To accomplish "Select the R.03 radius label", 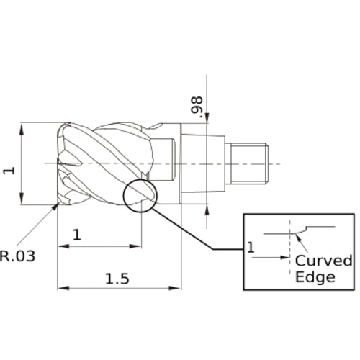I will (x=17, y=255).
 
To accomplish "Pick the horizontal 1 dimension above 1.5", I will (x=77, y=234).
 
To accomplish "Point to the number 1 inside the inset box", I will (x=251, y=248).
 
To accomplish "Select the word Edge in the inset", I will (x=315, y=277).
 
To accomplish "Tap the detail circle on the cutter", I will (x=140, y=194).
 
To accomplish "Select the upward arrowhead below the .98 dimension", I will (x=207, y=210).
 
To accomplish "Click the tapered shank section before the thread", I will (x=202, y=162).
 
